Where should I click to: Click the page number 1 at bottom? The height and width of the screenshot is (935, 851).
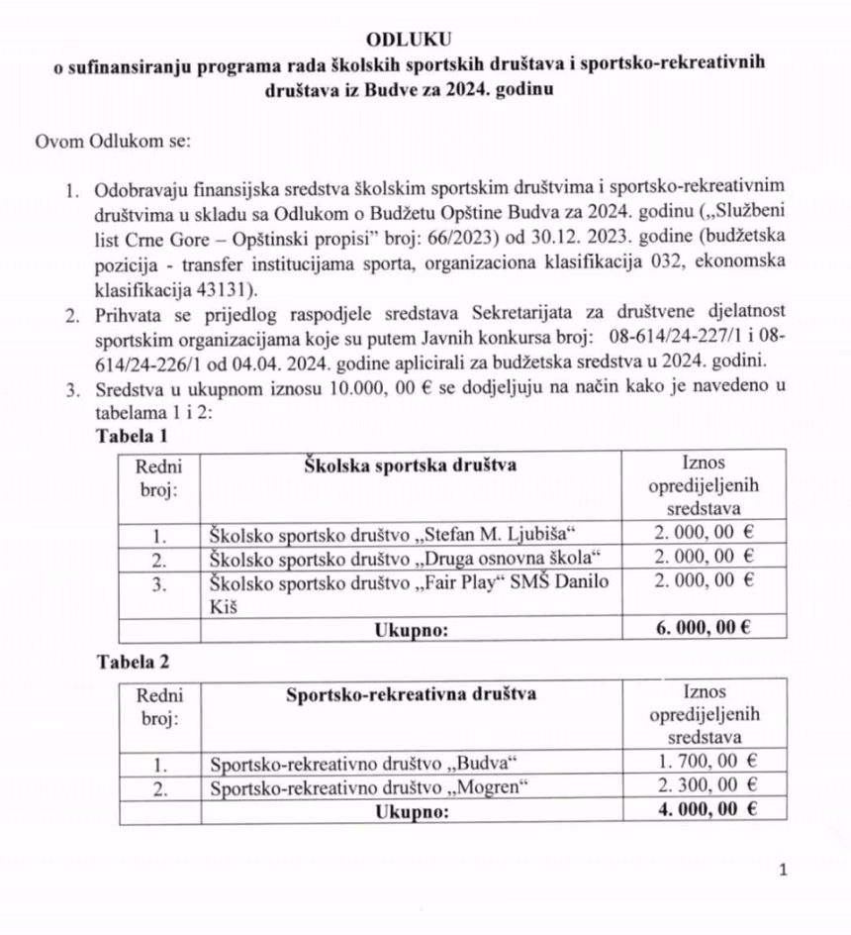(783, 871)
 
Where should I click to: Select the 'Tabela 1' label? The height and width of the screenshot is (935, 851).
(133, 436)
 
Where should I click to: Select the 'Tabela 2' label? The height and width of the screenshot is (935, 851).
(133, 661)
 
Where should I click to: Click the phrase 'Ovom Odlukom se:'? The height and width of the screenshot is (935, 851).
(112, 141)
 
